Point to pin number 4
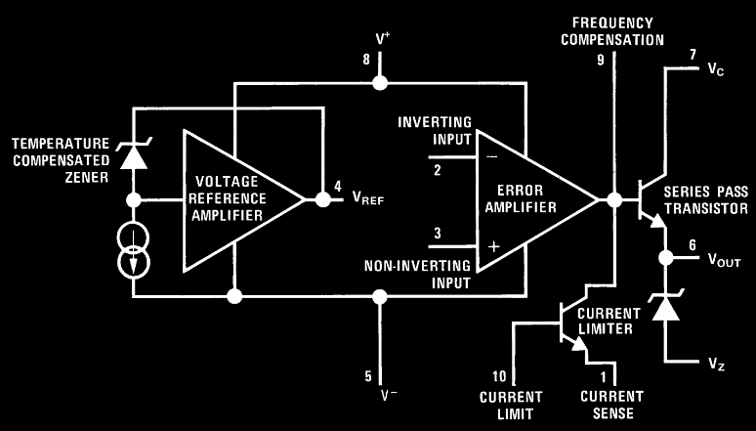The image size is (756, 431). (338, 186)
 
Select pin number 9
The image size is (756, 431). (601, 60)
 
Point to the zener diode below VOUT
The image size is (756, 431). (665, 307)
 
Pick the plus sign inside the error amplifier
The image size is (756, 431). (494, 247)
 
